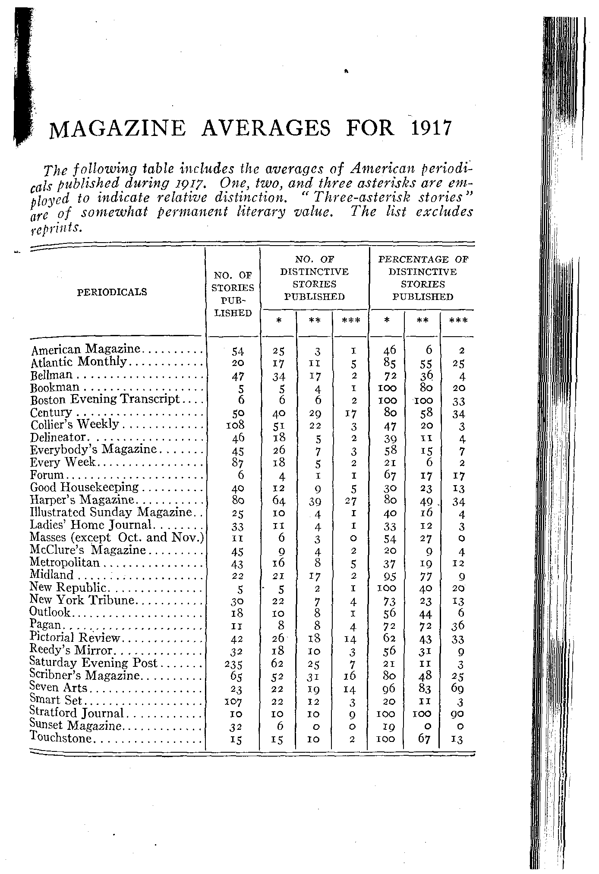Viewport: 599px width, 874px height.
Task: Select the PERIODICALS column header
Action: [x=112, y=292]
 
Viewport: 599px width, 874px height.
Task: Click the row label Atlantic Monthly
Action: [x=79, y=362]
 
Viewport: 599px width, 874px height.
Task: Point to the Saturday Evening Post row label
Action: [x=94, y=663]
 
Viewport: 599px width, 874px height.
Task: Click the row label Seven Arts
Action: [x=58, y=688]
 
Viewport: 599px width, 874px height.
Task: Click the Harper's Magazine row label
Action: [x=82, y=500]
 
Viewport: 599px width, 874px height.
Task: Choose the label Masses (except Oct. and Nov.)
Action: [x=117, y=538]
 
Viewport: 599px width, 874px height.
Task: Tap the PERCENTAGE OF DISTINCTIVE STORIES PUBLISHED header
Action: [x=422, y=278]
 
